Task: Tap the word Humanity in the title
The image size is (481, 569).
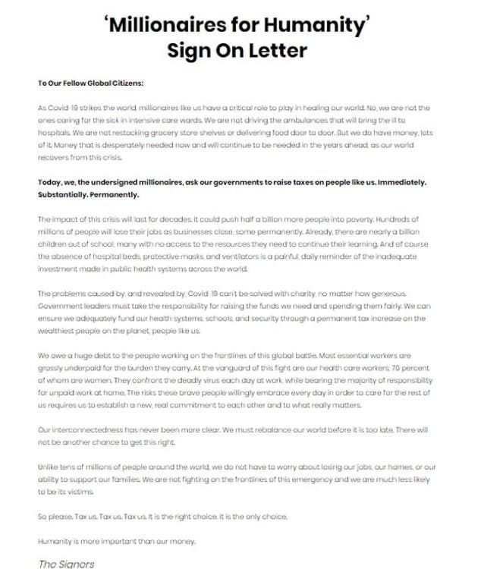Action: point(322,24)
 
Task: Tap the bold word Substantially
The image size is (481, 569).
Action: point(64,194)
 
